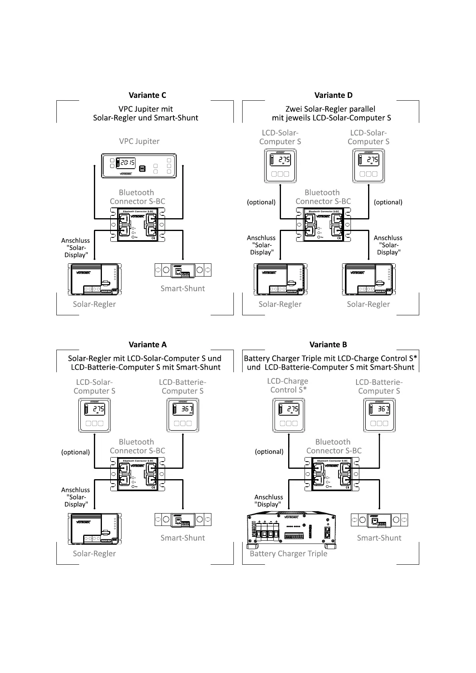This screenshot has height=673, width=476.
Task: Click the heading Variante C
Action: (x=147, y=95)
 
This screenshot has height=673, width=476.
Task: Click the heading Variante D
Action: (x=333, y=95)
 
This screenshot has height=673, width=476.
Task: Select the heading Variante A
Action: (x=147, y=344)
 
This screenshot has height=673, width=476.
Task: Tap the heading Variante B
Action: (x=328, y=344)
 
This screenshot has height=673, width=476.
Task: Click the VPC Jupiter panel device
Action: (x=139, y=165)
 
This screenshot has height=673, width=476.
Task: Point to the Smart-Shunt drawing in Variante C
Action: (x=183, y=271)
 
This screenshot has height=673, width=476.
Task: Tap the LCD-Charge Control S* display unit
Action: (x=289, y=415)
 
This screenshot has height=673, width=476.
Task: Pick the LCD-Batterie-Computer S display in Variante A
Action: (x=183, y=415)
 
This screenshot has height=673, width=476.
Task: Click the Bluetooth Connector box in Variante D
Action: (x=324, y=225)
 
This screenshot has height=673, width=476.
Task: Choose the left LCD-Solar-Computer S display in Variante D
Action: (x=280, y=165)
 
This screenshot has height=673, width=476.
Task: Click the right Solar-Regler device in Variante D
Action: (x=368, y=279)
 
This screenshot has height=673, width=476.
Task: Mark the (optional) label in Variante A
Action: (x=76, y=452)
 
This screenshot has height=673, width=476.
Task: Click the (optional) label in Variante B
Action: (x=269, y=452)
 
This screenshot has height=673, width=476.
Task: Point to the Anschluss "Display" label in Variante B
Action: (x=269, y=501)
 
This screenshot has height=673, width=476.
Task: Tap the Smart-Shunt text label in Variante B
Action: (x=379, y=538)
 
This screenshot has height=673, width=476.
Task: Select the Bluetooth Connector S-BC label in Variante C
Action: (x=137, y=197)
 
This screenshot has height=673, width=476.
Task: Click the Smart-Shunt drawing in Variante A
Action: (x=183, y=520)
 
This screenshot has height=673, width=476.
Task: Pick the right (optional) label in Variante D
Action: (x=388, y=202)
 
